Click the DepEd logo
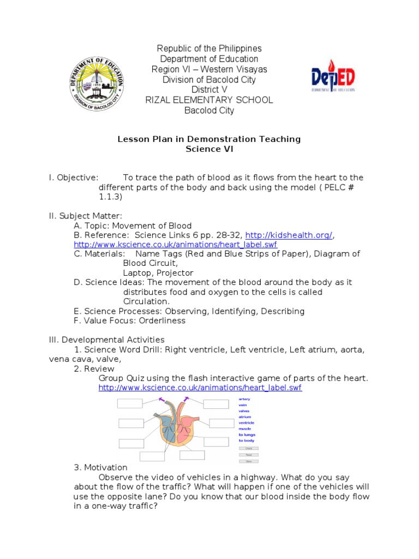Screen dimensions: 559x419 333,79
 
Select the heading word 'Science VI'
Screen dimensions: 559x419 209,150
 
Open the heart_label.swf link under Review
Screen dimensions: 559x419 200,388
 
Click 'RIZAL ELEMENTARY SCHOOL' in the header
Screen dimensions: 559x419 209,100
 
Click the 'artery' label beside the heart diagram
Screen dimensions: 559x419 244,399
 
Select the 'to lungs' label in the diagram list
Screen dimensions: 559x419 246,435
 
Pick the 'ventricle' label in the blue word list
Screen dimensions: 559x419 247,423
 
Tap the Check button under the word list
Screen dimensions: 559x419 248,448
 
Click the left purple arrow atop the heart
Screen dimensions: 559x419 162,400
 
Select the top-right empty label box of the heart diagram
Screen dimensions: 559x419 217,404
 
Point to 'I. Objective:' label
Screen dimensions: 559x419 74,177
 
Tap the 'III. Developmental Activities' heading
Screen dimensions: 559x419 106,340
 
